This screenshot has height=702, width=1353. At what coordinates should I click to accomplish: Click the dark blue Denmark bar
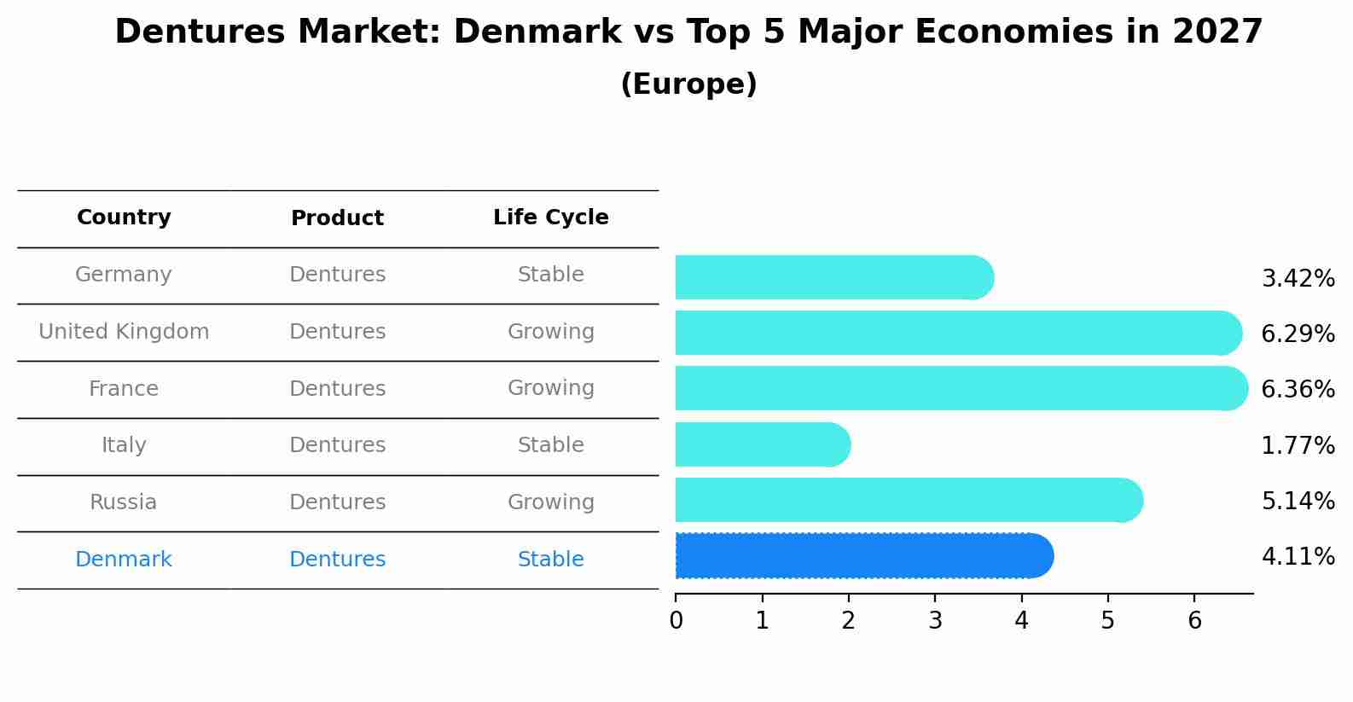pyautogui.click(x=862, y=556)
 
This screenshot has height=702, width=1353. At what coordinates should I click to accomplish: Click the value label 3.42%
pyautogui.click(x=1298, y=279)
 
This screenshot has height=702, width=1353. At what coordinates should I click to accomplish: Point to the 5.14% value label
pyautogui.click(x=1298, y=501)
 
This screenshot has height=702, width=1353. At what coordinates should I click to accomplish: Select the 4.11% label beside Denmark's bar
pyautogui.click(x=1298, y=557)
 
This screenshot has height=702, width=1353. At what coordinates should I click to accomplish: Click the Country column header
pyautogui.click(x=124, y=218)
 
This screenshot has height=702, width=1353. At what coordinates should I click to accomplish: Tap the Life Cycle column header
pyautogui.click(x=550, y=218)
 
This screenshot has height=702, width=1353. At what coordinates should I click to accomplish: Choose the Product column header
pyautogui.click(x=337, y=218)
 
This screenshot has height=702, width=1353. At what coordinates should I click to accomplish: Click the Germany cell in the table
pyautogui.click(x=124, y=275)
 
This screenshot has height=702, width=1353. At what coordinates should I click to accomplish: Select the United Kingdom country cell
pyautogui.click(x=124, y=332)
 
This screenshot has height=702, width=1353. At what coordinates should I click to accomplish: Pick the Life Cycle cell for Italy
pyautogui.click(x=550, y=445)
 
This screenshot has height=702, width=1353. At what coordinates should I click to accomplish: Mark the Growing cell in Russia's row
pyautogui.click(x=550, y=502)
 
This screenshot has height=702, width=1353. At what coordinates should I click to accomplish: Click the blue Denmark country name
pyautogui.click(x=124, y=560)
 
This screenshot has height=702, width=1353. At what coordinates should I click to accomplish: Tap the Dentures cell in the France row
pyautogui.click(x=337, y=389)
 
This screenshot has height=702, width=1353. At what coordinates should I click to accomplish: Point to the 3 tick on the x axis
pyautogui.click(x=935, y=621)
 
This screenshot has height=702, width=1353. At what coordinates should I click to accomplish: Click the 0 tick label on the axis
pyautogui.click(x=676, y=621)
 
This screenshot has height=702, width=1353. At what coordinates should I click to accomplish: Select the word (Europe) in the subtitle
pyautogui.click(x=688, y=84)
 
